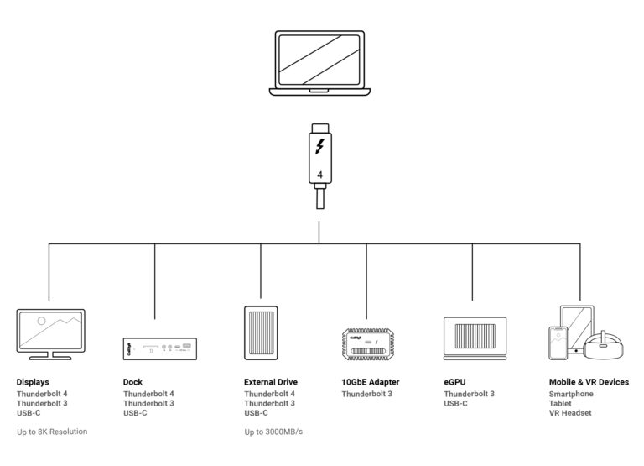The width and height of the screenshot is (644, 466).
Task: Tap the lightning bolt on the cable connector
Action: pyautogui.click(x=319, y=146)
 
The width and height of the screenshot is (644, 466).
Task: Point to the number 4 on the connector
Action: pyautogui.click(x=319, y=175)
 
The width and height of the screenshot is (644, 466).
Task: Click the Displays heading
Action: pyautogui.click(x=33, y=382)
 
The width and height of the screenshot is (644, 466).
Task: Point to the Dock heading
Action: pyautogui.click(x=132, y=382)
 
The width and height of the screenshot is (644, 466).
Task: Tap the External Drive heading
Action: pyautogui.click(x=271, y=382)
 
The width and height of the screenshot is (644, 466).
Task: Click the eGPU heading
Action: pyautogui.click(x=454, y=382)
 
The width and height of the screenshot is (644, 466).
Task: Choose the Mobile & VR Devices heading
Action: pyautogui.click(x=589, y=382)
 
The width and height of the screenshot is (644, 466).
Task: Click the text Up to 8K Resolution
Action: pyautogui.click(x=52, y=432)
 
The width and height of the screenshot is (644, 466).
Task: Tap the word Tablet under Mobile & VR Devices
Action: pyautogui.click(x=561, y=403)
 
